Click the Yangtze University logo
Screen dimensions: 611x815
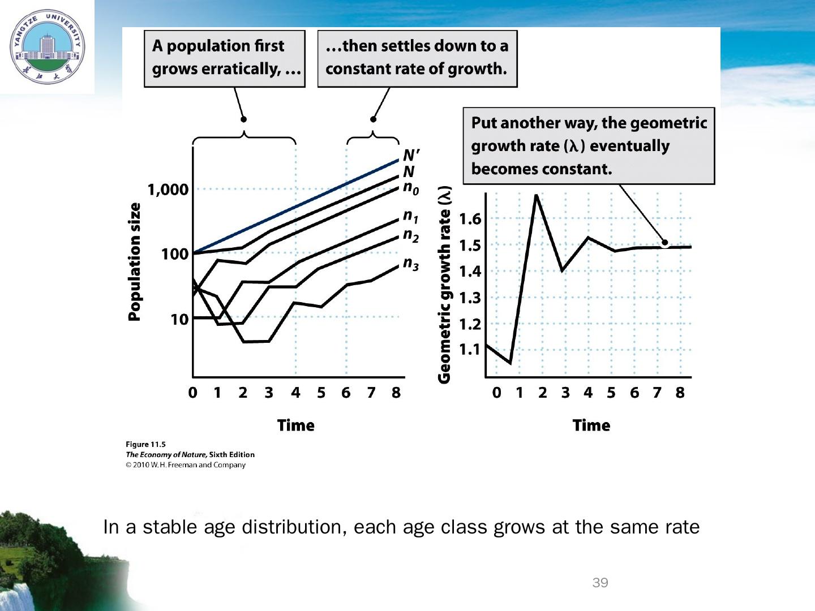pyautogui.click(x=46, y=46)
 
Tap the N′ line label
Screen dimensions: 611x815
pyautogui.click(x=411, y=154)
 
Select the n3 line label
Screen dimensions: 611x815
pyautogui.click(x=411, y=264)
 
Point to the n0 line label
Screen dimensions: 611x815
pyautogui.click(x=411, y=188)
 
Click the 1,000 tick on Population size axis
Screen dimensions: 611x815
pyautogui.click(x=168, y=190)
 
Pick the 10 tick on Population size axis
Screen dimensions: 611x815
pyautogui.click(x=179, y=320)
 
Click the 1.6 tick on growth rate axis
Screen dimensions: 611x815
pyautogui.click(x=470, y=219)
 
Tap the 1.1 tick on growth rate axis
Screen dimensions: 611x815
pyautogui.click(x=470, y=350)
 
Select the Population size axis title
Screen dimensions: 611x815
pyautogui.click(x=134, y=262)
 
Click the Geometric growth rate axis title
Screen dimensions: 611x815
pyautogui.click(x=445, y=285)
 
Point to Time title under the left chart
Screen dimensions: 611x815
pyautogui.click(x=295, y=425)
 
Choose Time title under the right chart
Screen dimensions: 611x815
pyautogui.click(x=591, y=425)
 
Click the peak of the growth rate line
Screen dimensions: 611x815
pyautogui.click(x=535, y=195)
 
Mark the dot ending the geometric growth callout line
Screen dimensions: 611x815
pyautogui.click(x=664, y=243)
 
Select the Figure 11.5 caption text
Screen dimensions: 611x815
pyautogui.click(x=145, y=445)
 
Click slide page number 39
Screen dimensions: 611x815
pyautogui.click(x=600, y=583)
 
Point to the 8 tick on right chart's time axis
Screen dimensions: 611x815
pyautogui.click(x=680, y=393)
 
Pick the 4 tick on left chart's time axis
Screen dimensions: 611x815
pyautogui.click(x=295, y=393)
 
